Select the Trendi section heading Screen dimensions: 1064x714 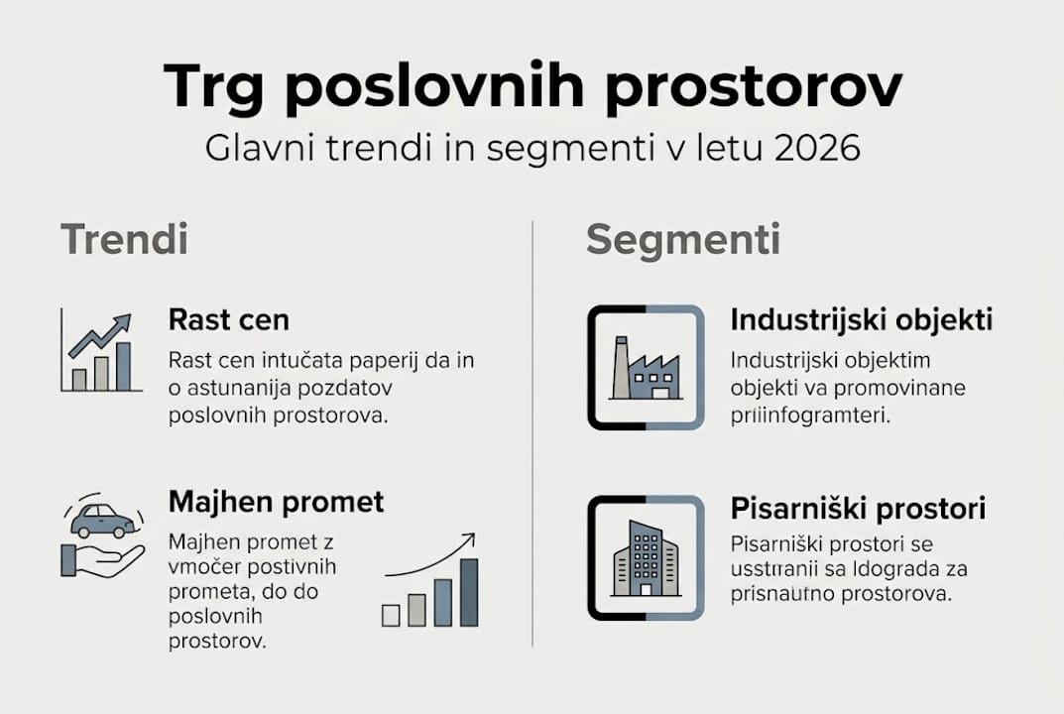point(124,239)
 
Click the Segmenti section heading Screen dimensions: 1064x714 point(683,240)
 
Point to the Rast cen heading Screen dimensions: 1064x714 point(229,319)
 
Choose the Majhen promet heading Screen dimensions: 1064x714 point(277,502)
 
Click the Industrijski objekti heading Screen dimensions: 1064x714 point(862,319)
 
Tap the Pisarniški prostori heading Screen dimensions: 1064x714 point(859,509)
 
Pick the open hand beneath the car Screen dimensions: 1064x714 point(102,560)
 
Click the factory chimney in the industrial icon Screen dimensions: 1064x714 point(620,367)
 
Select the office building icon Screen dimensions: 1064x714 point(646,558)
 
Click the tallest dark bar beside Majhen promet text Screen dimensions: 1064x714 point(470,592)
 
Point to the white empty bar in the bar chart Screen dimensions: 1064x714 point(391,615)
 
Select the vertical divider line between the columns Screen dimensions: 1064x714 point(532,433)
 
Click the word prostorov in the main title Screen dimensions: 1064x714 point(754,87)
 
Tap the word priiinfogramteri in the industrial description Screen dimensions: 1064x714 point(809,416)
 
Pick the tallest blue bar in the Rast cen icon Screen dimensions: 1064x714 point(123,367)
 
